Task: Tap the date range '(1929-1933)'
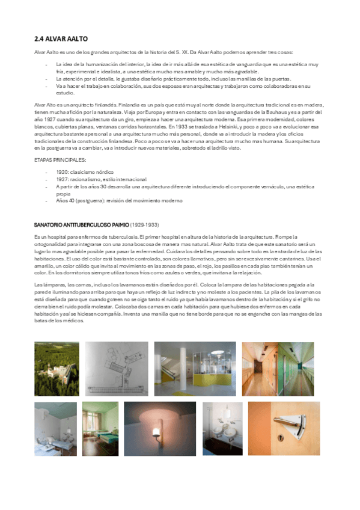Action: (145, 224)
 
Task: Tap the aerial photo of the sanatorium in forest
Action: (56, 368)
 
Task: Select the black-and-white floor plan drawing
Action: (116, 368)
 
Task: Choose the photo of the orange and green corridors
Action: (277, 368)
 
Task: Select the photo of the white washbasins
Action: (222, 428)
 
